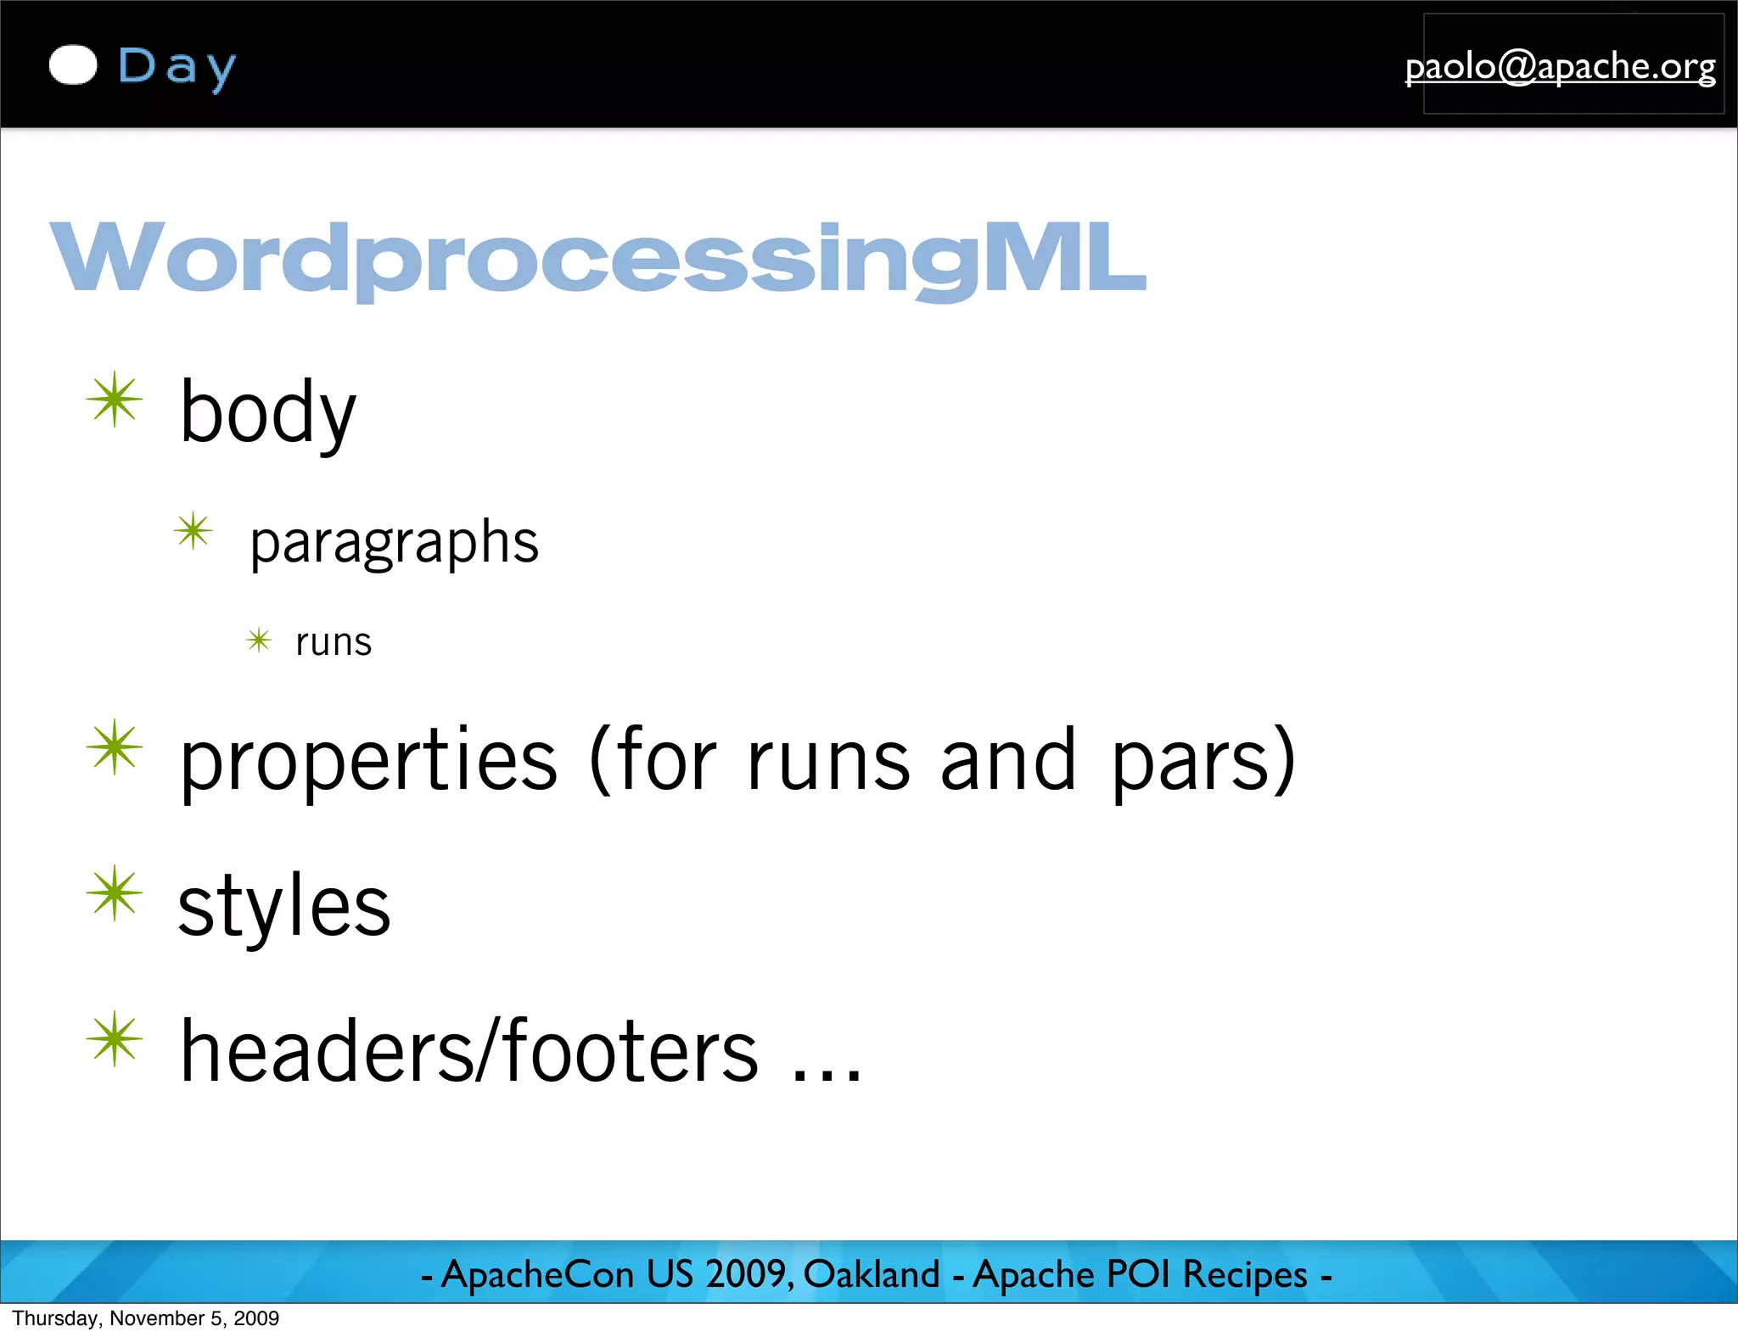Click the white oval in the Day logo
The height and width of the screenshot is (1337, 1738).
coord(73,65)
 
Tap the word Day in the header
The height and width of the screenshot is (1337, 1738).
coord(177,67)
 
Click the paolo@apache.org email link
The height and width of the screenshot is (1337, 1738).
coord(1560,66)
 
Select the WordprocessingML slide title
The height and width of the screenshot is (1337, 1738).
coord(597,258)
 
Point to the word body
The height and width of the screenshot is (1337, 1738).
coord(267,413)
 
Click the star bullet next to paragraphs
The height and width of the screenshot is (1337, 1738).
coord(193,532)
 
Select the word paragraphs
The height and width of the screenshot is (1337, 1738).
coord(394,543)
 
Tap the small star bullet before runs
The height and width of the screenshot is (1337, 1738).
coord(259,640)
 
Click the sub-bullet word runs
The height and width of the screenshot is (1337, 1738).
coord(334,642)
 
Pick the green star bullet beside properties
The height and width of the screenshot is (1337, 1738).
coord(115,747)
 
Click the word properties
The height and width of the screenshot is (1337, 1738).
coord(369,761)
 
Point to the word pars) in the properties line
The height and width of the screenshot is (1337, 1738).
coord(1203,761)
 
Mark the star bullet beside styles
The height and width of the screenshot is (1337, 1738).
coord(115,893)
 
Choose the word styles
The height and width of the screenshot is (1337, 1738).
coord(284,906)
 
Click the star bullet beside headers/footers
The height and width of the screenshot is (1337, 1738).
coord(115,1039)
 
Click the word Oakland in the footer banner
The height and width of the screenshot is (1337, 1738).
coord(872,1274)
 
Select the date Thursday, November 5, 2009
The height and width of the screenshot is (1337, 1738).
coord(146,1318)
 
